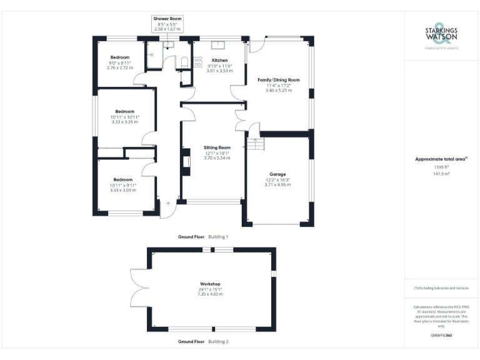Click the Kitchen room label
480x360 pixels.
[219, 61]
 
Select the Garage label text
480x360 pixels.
[277, 174]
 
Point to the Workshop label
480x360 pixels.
[211, 284]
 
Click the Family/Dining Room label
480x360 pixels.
[279, 80]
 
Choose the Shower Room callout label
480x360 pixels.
[167, 19]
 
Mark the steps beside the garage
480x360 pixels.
[256, 144]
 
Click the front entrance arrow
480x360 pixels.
[167, 204]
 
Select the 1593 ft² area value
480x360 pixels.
[441, 167]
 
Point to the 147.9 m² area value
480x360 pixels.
[441, 174]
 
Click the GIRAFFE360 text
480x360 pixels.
[441, 336]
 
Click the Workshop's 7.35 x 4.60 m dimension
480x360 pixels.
[211, 294]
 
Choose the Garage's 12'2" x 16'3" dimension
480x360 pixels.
[277, 179]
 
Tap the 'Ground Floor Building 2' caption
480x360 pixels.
[203, 342]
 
